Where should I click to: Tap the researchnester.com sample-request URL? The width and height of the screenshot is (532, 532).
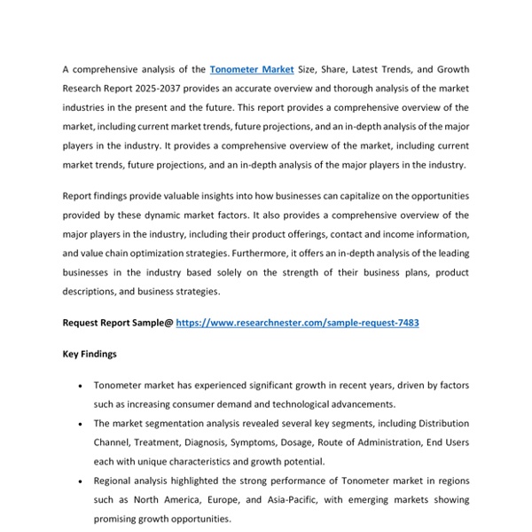tap(297, 324)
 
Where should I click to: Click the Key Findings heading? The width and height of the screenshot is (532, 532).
tap(90, 355)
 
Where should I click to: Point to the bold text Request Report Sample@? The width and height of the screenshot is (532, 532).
tap(118, 324)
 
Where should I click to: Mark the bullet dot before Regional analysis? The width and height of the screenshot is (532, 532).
tap(81, 481)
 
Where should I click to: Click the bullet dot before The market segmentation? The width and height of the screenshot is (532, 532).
tap(81, 424)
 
